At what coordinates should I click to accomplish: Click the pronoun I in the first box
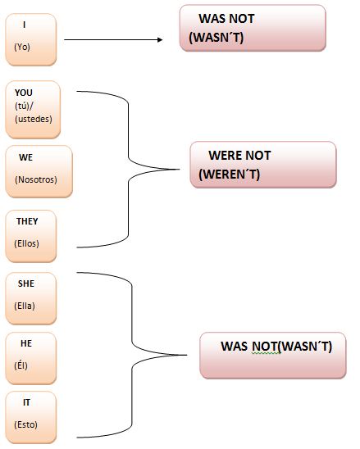25,25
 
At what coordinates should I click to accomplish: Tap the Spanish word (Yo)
22,47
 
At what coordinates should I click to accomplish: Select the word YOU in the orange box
24,93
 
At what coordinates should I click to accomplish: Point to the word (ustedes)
34,119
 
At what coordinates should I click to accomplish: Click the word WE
25,157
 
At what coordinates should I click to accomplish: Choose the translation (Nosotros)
36,179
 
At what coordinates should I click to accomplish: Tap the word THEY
27,221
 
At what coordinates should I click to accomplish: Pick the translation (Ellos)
27,243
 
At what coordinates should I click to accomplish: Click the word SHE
26,283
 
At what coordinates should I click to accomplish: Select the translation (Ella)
25,306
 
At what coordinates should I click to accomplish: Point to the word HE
26,343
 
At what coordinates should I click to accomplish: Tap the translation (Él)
21,365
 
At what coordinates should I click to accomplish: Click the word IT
26,402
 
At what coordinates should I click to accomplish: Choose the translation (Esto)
25,424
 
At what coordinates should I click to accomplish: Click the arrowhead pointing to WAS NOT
160,40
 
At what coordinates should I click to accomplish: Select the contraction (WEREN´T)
230,175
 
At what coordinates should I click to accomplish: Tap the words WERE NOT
239,156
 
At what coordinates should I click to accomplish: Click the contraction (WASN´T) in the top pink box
216,38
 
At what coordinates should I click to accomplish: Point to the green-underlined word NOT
265,347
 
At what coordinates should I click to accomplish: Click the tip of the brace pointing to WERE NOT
180,170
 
